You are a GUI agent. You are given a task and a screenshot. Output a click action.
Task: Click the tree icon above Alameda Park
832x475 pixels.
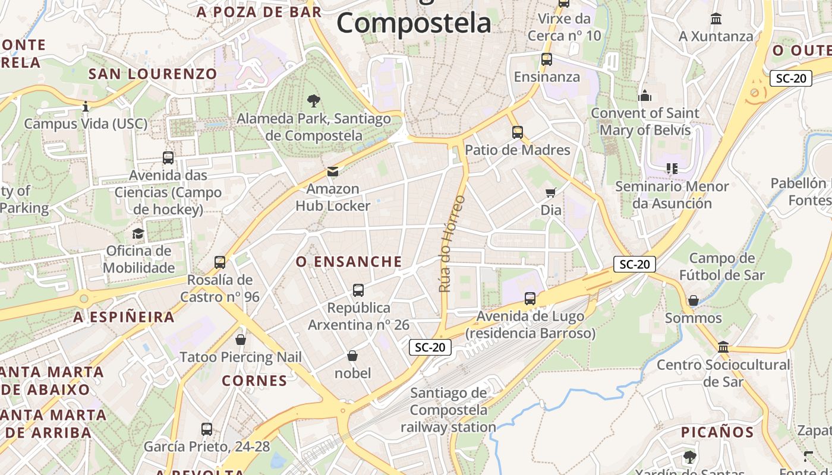(313, 101)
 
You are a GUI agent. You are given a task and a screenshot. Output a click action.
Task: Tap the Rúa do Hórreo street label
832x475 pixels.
(452, 243)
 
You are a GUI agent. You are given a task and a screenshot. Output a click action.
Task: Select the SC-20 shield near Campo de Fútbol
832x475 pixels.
(634, 264)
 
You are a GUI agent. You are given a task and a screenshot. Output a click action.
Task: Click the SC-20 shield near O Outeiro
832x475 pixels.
(790, 78)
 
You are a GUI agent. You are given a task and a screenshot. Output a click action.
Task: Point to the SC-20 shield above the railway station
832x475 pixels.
(430, 347)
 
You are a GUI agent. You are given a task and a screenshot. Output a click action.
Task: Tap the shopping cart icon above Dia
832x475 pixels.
(551, 192)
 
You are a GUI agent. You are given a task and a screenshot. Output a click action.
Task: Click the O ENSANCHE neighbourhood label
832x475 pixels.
(349, 262)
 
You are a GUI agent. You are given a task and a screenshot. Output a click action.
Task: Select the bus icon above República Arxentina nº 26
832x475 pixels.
(358, 290)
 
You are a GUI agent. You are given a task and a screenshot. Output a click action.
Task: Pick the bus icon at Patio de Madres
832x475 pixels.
(518, 132)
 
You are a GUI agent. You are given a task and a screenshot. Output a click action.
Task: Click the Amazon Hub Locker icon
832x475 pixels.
(333, 172)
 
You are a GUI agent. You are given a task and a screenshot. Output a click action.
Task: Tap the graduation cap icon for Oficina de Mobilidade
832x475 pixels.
(138, 233)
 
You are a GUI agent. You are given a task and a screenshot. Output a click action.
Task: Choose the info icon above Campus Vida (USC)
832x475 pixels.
(86, 107)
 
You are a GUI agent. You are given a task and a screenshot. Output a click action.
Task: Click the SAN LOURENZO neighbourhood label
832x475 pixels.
(153, 74)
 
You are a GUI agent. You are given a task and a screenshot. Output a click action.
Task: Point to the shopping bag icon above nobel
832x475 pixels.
(352, 356)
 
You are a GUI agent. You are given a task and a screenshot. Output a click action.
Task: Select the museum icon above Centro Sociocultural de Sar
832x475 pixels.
(723, 347)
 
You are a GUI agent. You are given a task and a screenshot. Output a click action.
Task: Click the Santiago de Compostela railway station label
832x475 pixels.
(448, 410)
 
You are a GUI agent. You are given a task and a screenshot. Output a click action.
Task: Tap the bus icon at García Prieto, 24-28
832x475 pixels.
(207, 429)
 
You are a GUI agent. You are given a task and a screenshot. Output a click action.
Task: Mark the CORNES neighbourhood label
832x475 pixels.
(254, 381)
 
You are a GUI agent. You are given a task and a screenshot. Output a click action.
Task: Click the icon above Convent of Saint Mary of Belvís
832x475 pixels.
(645, 96)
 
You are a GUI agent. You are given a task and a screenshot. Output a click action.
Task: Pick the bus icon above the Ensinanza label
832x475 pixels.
(546, 59)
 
